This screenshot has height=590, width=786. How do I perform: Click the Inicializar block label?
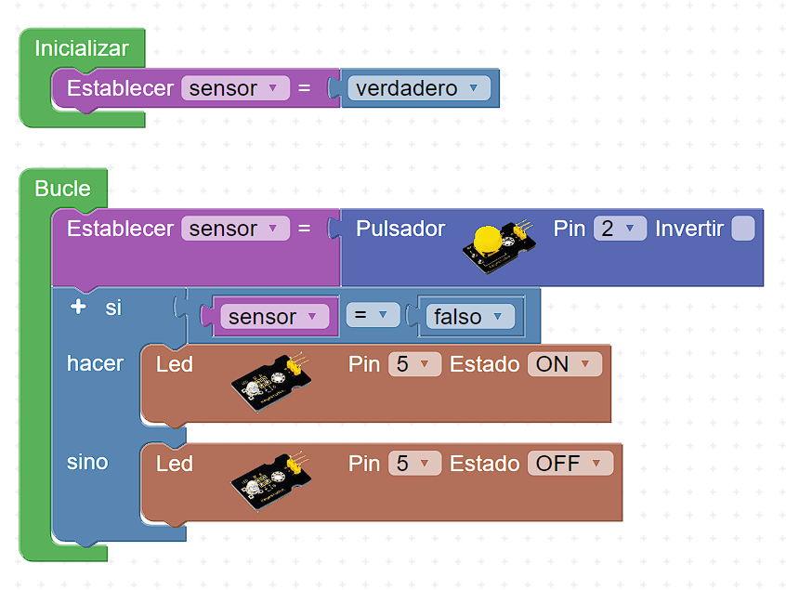(82, 48)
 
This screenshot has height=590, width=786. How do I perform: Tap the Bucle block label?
(62, 189)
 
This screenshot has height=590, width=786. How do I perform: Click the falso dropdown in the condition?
(472, 317)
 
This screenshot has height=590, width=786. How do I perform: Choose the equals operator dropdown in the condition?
(373, 316)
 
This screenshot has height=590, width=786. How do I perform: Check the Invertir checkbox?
(742, 229)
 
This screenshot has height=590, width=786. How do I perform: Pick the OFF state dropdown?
(570, 463)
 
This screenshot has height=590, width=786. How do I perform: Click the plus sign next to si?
(78, 307)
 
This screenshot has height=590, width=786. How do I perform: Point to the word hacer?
(95, 363)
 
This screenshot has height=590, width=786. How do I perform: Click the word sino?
(87, 462)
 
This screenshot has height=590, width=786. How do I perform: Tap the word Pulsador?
(400, 229)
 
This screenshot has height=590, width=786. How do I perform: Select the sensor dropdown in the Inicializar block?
(234, 88)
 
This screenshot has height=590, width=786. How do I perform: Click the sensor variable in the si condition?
(274, 317)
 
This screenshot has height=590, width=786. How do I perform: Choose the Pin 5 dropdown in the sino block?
(413, 463)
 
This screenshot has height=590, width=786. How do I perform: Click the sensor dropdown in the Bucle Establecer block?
(234, 229)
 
